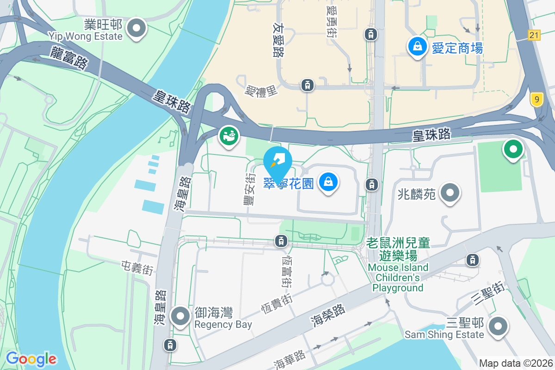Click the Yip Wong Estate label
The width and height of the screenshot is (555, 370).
[86, 36]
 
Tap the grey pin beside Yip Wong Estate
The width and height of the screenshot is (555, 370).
[136, 28]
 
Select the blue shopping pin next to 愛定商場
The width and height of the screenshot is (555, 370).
[417, 46]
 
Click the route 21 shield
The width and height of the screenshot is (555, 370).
[534, 35]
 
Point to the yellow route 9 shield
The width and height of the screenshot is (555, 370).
[536, 99]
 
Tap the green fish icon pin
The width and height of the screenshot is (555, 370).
[228, 136]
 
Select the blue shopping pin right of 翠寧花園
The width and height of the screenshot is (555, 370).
[328, 182]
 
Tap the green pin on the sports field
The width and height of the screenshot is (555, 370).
[513, 150]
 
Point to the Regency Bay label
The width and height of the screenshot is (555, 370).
[223, 324]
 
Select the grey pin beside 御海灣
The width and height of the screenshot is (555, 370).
[180, 316]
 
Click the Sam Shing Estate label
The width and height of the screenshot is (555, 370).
[444, 334]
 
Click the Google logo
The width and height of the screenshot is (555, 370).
[31, 359]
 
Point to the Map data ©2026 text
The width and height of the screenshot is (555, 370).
[516, 364]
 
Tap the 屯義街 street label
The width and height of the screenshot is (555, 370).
[137, 267]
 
